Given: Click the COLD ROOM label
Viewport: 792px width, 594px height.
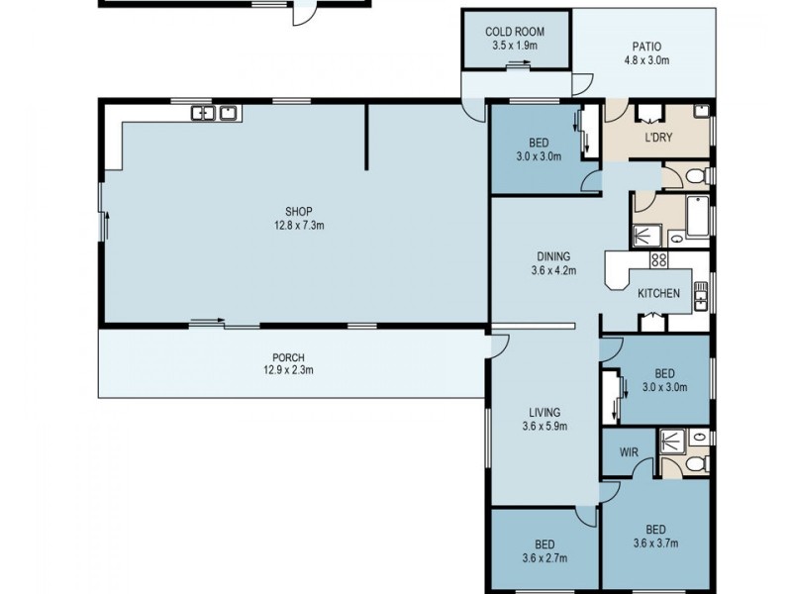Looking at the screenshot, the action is pyautogui.click(x=515, y=32).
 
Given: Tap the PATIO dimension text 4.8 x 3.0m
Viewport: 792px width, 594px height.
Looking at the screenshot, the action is pyautogui.click(x=646, y=60).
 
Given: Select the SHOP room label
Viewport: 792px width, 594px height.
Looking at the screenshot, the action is pyautogui.click(x=299, y=212).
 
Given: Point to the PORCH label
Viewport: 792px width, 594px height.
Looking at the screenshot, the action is pyautogui.click(x=288, y=358).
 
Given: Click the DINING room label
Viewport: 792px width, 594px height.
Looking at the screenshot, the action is pyautogui.click(x=553, y=256).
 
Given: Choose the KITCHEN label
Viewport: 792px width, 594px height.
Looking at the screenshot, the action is pyautogui.click(x=658, y=293).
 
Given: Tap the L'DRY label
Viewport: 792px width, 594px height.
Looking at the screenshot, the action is pyautogui.click(x=658, y=138).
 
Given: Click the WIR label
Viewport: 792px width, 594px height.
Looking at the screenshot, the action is pyautogui.click(x=629, y=452).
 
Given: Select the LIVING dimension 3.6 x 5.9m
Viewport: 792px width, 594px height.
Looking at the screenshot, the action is pyautogui.click(x=544, y=427).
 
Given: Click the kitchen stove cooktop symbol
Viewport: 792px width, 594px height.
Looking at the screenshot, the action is pyautogui.click(x=658, y=259).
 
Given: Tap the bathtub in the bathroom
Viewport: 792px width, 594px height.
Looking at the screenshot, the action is pyautogui.click(x=698, y=217).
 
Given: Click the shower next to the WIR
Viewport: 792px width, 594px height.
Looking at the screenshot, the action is pyautogui.click(x=672, y=444).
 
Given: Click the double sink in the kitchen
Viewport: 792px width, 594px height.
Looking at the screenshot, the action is pyautogui.click(x=701, y=296).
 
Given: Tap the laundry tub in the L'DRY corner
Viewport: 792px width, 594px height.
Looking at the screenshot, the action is pyautogui.click(x=702, y=111).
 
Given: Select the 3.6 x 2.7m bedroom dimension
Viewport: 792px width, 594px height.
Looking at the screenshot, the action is pyautogui.click(x=544, y=558).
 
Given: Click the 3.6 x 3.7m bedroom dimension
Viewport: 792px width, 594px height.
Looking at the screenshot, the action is pyautogui.click(x=655, y=544).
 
